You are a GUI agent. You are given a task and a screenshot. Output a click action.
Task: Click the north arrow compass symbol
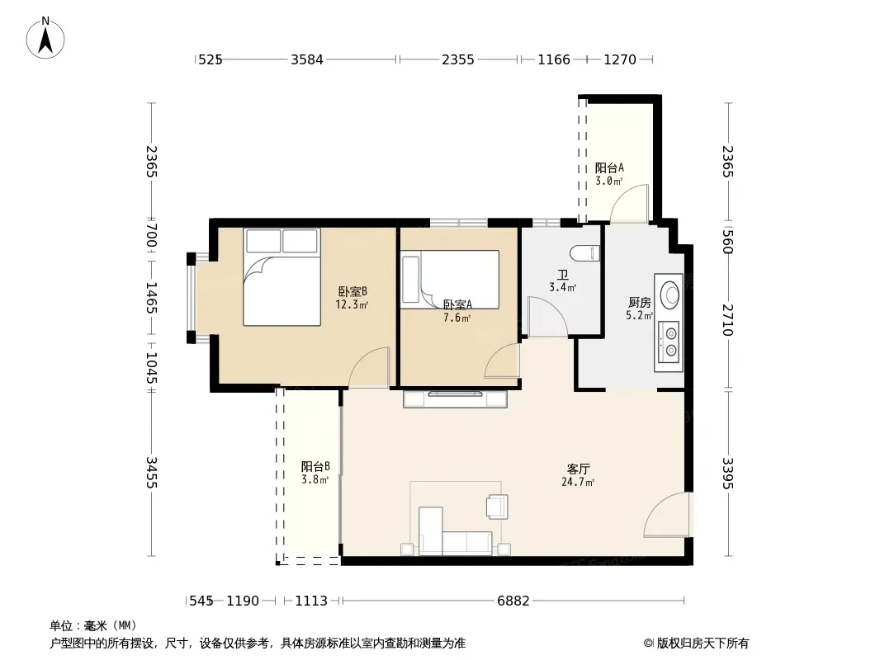(45, 38)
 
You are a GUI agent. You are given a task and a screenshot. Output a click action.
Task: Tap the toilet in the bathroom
(584, 254)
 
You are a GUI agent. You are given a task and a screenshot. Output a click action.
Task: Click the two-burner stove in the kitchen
(668, 342)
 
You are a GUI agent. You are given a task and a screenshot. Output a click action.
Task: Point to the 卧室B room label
(352, 291)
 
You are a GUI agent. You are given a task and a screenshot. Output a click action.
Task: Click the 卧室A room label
(457, 304)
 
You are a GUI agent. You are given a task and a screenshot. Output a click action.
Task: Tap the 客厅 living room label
(578, 469)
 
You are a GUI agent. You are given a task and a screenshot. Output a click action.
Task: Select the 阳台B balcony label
(315, 466)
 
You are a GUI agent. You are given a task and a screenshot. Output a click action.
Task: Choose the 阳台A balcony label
(609, 167)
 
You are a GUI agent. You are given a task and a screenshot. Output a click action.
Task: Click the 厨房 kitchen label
(639, 303)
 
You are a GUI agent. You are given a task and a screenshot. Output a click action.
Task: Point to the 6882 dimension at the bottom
(513, 601)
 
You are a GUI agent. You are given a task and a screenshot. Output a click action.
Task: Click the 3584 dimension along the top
(307, 59)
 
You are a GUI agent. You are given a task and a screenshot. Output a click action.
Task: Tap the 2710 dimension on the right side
(728, 319)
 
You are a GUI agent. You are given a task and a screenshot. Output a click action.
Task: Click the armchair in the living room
(497, 507)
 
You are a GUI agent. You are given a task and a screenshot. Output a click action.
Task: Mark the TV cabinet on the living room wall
(455, 398)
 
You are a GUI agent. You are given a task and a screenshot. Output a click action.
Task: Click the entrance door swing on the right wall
(668, 514)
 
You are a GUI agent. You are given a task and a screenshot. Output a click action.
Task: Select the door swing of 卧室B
(369, 367)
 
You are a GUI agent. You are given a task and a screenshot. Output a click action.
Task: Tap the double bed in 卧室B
(282, 277)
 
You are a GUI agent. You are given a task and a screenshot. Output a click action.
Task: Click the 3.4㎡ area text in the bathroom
(562, 288)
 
